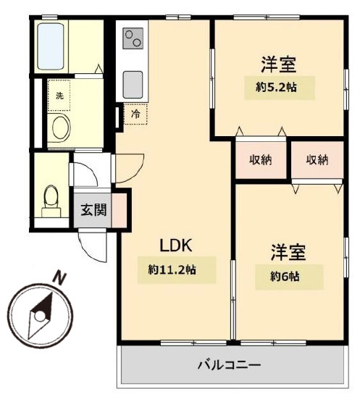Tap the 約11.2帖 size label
pyautogui.click(x=172, y=270)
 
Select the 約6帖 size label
pyautogui.click(x=288, y=276)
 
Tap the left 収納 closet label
pyautogui.click(x=261, y=160)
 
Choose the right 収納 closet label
pyautogui.click(x=317, y=160)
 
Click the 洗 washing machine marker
pyautogui.click(x=59, y=94)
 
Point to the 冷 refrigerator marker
pyautogui.click(x=135, y=114)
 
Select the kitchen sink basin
pyautogui.click(x=133, y=83)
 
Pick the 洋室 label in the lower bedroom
pyautogui.click(x=288, y=253)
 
